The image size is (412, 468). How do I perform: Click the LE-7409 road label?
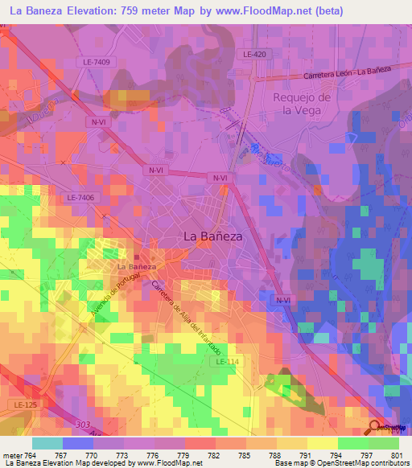97,61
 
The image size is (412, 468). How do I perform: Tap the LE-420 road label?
253,54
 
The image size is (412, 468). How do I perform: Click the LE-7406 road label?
80,197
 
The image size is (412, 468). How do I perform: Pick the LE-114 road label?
226,363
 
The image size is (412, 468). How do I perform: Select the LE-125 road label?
26,403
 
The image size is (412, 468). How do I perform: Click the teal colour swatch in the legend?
47,443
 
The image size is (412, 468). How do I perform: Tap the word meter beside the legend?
14,455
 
